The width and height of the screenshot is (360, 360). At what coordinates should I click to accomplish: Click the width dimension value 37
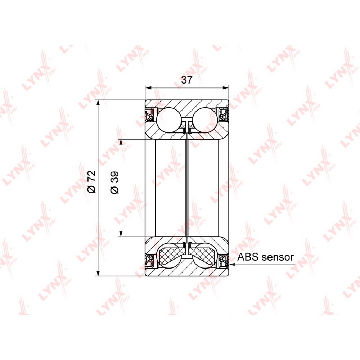[x=186, y=80]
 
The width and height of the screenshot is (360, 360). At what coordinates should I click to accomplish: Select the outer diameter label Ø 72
[x=91, y=181]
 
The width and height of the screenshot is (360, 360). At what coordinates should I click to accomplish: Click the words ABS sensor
[x=265, y=257]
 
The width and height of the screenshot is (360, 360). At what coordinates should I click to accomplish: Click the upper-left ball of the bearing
[x=168, y=120]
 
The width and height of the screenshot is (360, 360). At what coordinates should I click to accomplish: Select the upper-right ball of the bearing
[x=205, y=120]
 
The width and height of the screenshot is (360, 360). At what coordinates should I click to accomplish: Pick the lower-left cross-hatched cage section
[x=171, y=255]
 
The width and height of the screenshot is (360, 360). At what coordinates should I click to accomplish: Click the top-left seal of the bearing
[x=150, y=114]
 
